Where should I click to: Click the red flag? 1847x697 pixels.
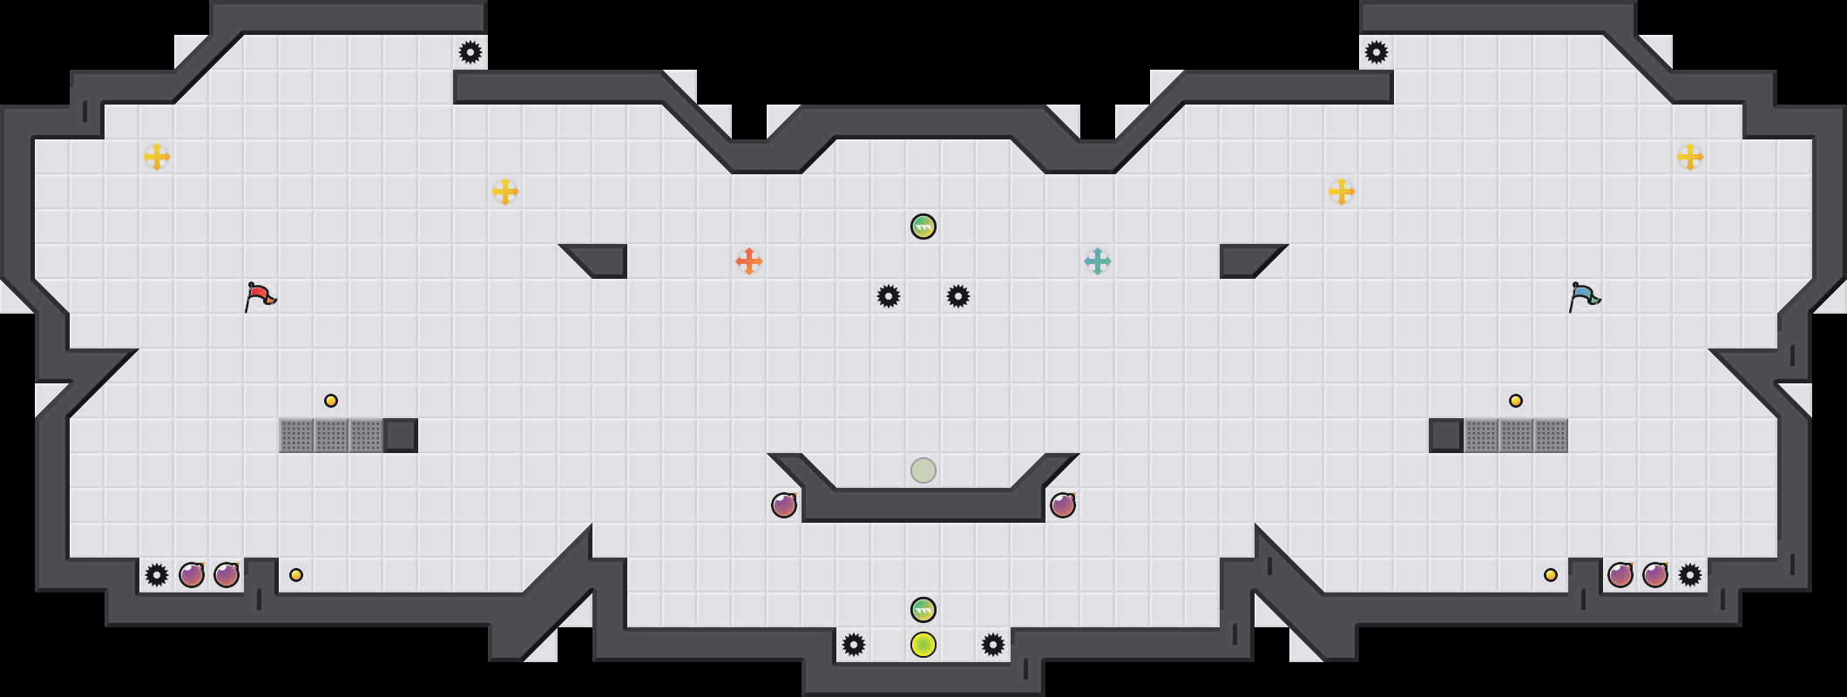tap(260, 296)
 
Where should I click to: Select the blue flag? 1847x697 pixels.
tap(1585, 296)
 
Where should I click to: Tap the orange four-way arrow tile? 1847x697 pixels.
tap(749, 261)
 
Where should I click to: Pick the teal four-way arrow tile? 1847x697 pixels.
tap(1098, 261)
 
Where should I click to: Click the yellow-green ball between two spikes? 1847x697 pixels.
tap(923, 645)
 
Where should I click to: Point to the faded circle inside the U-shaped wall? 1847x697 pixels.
tap(923, 470)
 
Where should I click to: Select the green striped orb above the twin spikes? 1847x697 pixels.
tap(923, 227)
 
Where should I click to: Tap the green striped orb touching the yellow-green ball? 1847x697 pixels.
tap(923, 610)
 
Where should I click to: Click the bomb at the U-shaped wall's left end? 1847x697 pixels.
tap(784, 505)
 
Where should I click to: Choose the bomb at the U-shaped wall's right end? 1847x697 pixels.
tap(1063, 505)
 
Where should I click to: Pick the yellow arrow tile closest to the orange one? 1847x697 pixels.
tap(505, 192)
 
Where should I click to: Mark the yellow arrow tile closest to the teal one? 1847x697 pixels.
tap(1342, 192)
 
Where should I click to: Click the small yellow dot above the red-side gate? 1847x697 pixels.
tap(331, 401)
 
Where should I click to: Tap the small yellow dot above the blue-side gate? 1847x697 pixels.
tap(1516, 401)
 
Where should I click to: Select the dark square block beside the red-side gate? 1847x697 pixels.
tap(401, 436)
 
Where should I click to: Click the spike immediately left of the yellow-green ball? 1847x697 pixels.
tap(854, 645)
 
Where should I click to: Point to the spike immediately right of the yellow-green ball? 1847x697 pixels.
tap(993, 645)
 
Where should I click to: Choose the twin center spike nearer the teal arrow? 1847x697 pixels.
tap(958, 296)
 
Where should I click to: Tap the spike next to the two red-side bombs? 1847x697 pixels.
tap(157, 575)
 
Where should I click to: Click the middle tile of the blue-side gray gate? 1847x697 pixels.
tap(1516, 436)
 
